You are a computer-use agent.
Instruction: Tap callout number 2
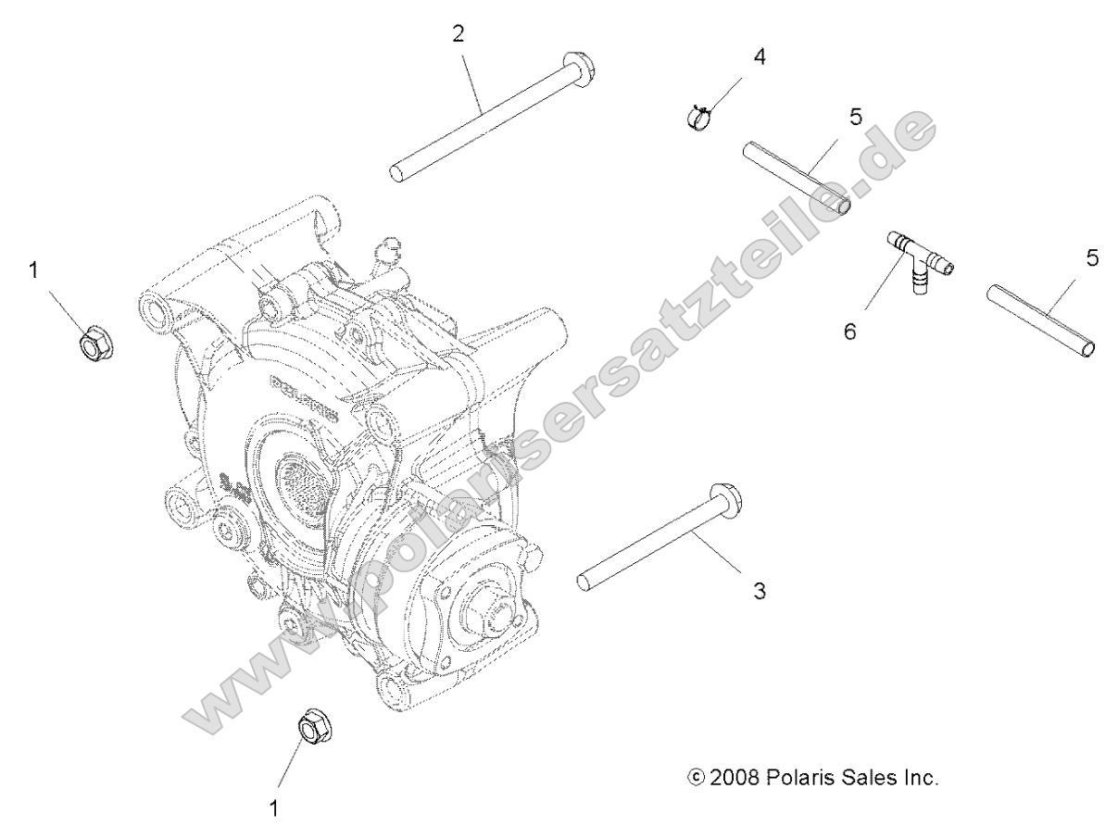tap(459, 35)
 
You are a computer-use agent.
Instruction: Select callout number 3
tap(759, 591)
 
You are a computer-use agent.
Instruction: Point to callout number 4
tap(760, 56)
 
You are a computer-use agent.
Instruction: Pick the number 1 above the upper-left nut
tap(34, 270)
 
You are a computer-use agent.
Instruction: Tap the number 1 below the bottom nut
tap(273, 808)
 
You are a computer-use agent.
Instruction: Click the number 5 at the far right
tap(1093, 258)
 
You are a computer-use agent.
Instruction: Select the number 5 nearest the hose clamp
tap(855, 117)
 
